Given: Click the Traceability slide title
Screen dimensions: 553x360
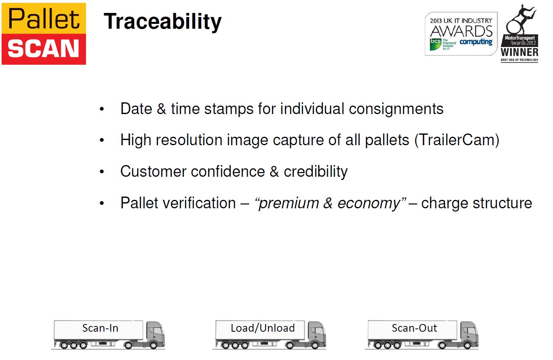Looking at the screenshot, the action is [x=163, y=22].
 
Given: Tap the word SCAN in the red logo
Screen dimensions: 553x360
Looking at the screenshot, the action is [x=43, y=49].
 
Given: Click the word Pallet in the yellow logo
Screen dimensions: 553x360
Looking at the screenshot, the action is [x=44, y=18].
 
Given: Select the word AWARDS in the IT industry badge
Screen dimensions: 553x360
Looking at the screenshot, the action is [x=461, y=32].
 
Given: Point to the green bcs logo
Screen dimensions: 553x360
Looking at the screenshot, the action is [x=435, y=44].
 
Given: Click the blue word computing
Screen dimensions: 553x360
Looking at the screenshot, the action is [x=476, y=42].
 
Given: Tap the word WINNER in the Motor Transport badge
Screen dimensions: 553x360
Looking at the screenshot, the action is [x=519, y=52].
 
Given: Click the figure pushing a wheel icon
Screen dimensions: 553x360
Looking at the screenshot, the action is [x=520, y=20].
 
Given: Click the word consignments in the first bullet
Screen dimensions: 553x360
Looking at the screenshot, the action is [x=396, y=109].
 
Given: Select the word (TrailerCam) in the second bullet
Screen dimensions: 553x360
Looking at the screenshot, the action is [x=457, y=140].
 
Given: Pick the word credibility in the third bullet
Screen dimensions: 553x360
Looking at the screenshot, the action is [x=316, y=172].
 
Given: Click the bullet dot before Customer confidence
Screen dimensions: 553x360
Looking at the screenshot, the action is [x=102, y=172].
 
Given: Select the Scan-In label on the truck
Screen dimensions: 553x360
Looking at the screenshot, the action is [x=100, y=328].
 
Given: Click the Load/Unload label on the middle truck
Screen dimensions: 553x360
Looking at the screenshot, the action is [x=263, y=328].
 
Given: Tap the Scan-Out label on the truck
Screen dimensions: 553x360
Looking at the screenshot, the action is [x=414, y=328].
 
